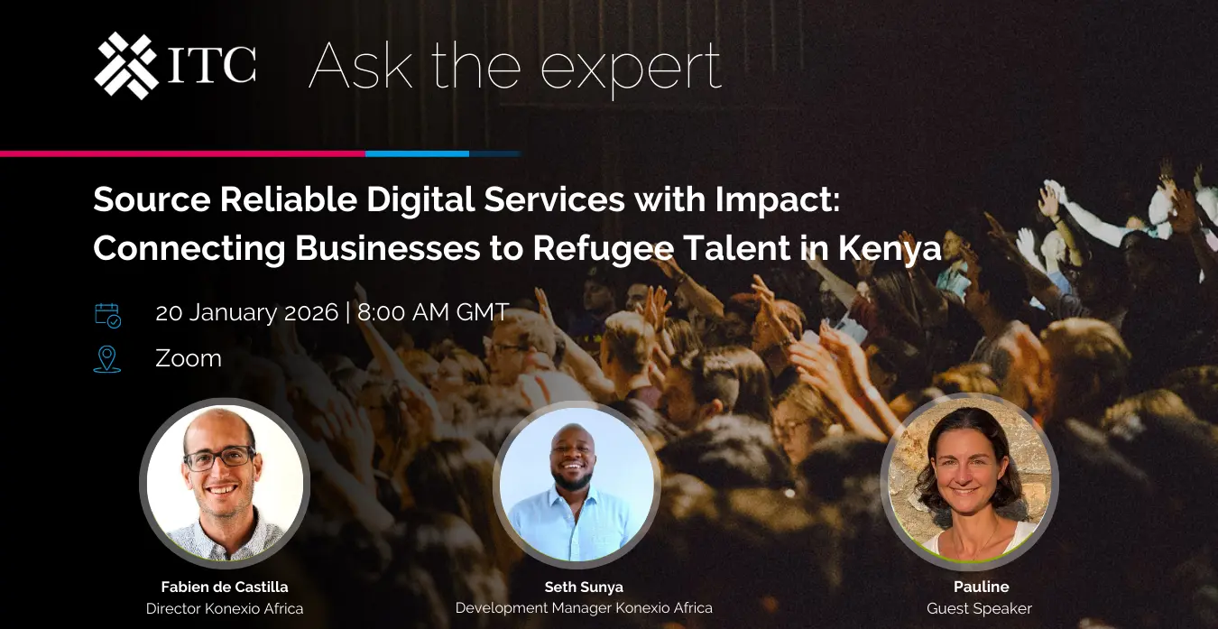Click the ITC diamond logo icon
click(x=126, y=66)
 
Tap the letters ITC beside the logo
click(x=211, y=65)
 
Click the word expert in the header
click(x=631, y=69)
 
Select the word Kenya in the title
click(x=890, y=248)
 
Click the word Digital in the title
click(x=420, y=199)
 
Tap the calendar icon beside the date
click(x=107, y=316)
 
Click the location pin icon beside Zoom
click(x=107, y=359)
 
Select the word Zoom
click(x=189, y=358)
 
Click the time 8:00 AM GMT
click(x=433, y=312)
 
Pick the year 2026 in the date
click(x=311, y=312)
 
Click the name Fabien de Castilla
click(x=225, y=587)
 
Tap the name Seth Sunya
click(x=584, y=587)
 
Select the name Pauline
click(x=982, y=587)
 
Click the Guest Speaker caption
click(x=979, y=608)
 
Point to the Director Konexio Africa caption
click(x=225, y=608)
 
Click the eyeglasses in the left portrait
click(x=219, y=458)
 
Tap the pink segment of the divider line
click(x=182, y=153)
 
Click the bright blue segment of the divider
click(x=417, y=153)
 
